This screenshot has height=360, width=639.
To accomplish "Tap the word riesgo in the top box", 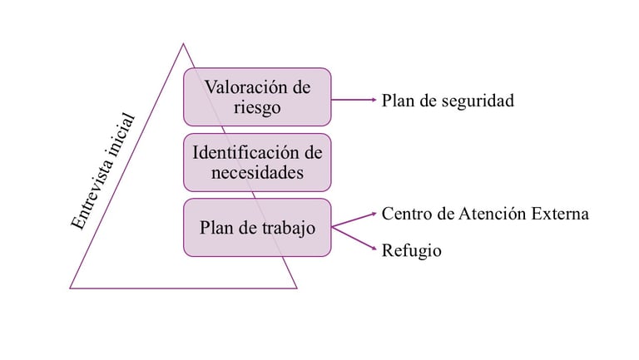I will [x=258, y=108].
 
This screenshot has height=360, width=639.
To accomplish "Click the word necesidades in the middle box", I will [x=258, y=173].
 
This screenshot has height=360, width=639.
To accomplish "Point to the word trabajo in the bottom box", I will [x=285, y=228].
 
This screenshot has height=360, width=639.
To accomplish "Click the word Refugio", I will [x=412, y=250].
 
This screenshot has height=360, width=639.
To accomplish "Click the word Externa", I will [x=559, y=214].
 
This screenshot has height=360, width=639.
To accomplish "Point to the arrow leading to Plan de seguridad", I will [x=354, y=100].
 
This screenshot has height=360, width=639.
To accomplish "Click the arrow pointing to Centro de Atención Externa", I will [x=354, y=219].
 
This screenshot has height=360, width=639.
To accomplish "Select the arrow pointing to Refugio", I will [x=354, y=239].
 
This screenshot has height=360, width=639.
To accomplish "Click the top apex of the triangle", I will [x=183, y=44].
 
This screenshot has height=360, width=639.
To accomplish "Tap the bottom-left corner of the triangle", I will [x=71, y=288].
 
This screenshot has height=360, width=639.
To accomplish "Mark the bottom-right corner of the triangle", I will [x=296, y=288].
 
